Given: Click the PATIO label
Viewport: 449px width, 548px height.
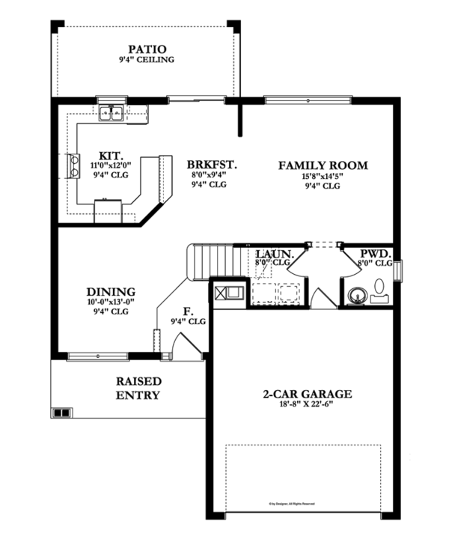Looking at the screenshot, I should pyautogui.click(x=146, y=49).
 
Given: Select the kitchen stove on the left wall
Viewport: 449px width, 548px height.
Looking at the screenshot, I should pyautogui.click(x=74, y=166).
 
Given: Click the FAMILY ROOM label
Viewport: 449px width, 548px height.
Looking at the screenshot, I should pyautogui.click(x=323, y=165).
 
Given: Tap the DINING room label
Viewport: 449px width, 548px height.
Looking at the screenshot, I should pyautogui.click(x=110, y=292).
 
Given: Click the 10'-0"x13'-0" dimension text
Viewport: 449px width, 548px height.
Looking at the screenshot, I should pyautogui.click(x=110, y=302).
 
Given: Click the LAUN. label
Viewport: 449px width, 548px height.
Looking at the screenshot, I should pyautogui.click(x=272, y=254).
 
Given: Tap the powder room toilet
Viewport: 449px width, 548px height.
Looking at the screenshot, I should pyautogui.click(x=379, y=287).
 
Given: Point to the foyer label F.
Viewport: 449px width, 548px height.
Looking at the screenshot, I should pyautogui.click(x=187, y=311).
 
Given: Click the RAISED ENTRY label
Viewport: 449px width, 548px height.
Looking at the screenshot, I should pyautogui.click(x=138, y=388).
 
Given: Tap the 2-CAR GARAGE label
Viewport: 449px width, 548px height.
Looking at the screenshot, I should pyautogui.click(x=307, y=394).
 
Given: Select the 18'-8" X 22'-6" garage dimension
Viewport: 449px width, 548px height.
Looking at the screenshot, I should pyautogui.click(x=307, y=405).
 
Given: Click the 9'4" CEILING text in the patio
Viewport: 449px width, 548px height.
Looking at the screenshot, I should pyautogui.click(x=146, y=60).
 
